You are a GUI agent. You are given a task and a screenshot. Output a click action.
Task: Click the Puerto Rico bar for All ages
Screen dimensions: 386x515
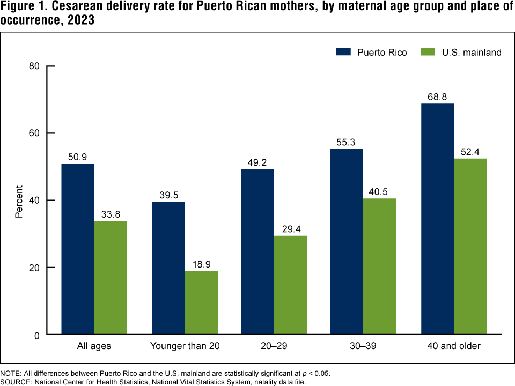pos(78,249)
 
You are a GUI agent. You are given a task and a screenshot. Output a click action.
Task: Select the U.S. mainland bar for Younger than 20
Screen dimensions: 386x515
pos(201,303)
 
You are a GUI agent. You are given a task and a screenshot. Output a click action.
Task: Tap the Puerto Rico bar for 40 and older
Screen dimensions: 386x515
pos(438,219)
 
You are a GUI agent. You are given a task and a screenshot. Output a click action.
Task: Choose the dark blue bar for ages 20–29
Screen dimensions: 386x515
pos(257,252)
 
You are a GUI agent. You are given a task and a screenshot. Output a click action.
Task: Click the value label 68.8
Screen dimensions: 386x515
pos(438,96)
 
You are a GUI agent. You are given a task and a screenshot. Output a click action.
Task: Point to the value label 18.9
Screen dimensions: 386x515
pos(201,264)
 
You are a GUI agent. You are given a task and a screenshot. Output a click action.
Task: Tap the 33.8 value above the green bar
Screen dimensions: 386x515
pos(111,214)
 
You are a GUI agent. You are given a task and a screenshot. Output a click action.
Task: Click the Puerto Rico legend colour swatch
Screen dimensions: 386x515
pos(343,52)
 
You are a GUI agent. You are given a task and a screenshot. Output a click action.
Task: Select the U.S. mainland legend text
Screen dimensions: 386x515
pos(472,53)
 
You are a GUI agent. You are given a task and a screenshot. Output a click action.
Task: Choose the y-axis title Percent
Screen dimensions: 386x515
pos(19,201)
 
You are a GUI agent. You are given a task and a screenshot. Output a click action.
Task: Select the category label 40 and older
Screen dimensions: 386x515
pos(454,346)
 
